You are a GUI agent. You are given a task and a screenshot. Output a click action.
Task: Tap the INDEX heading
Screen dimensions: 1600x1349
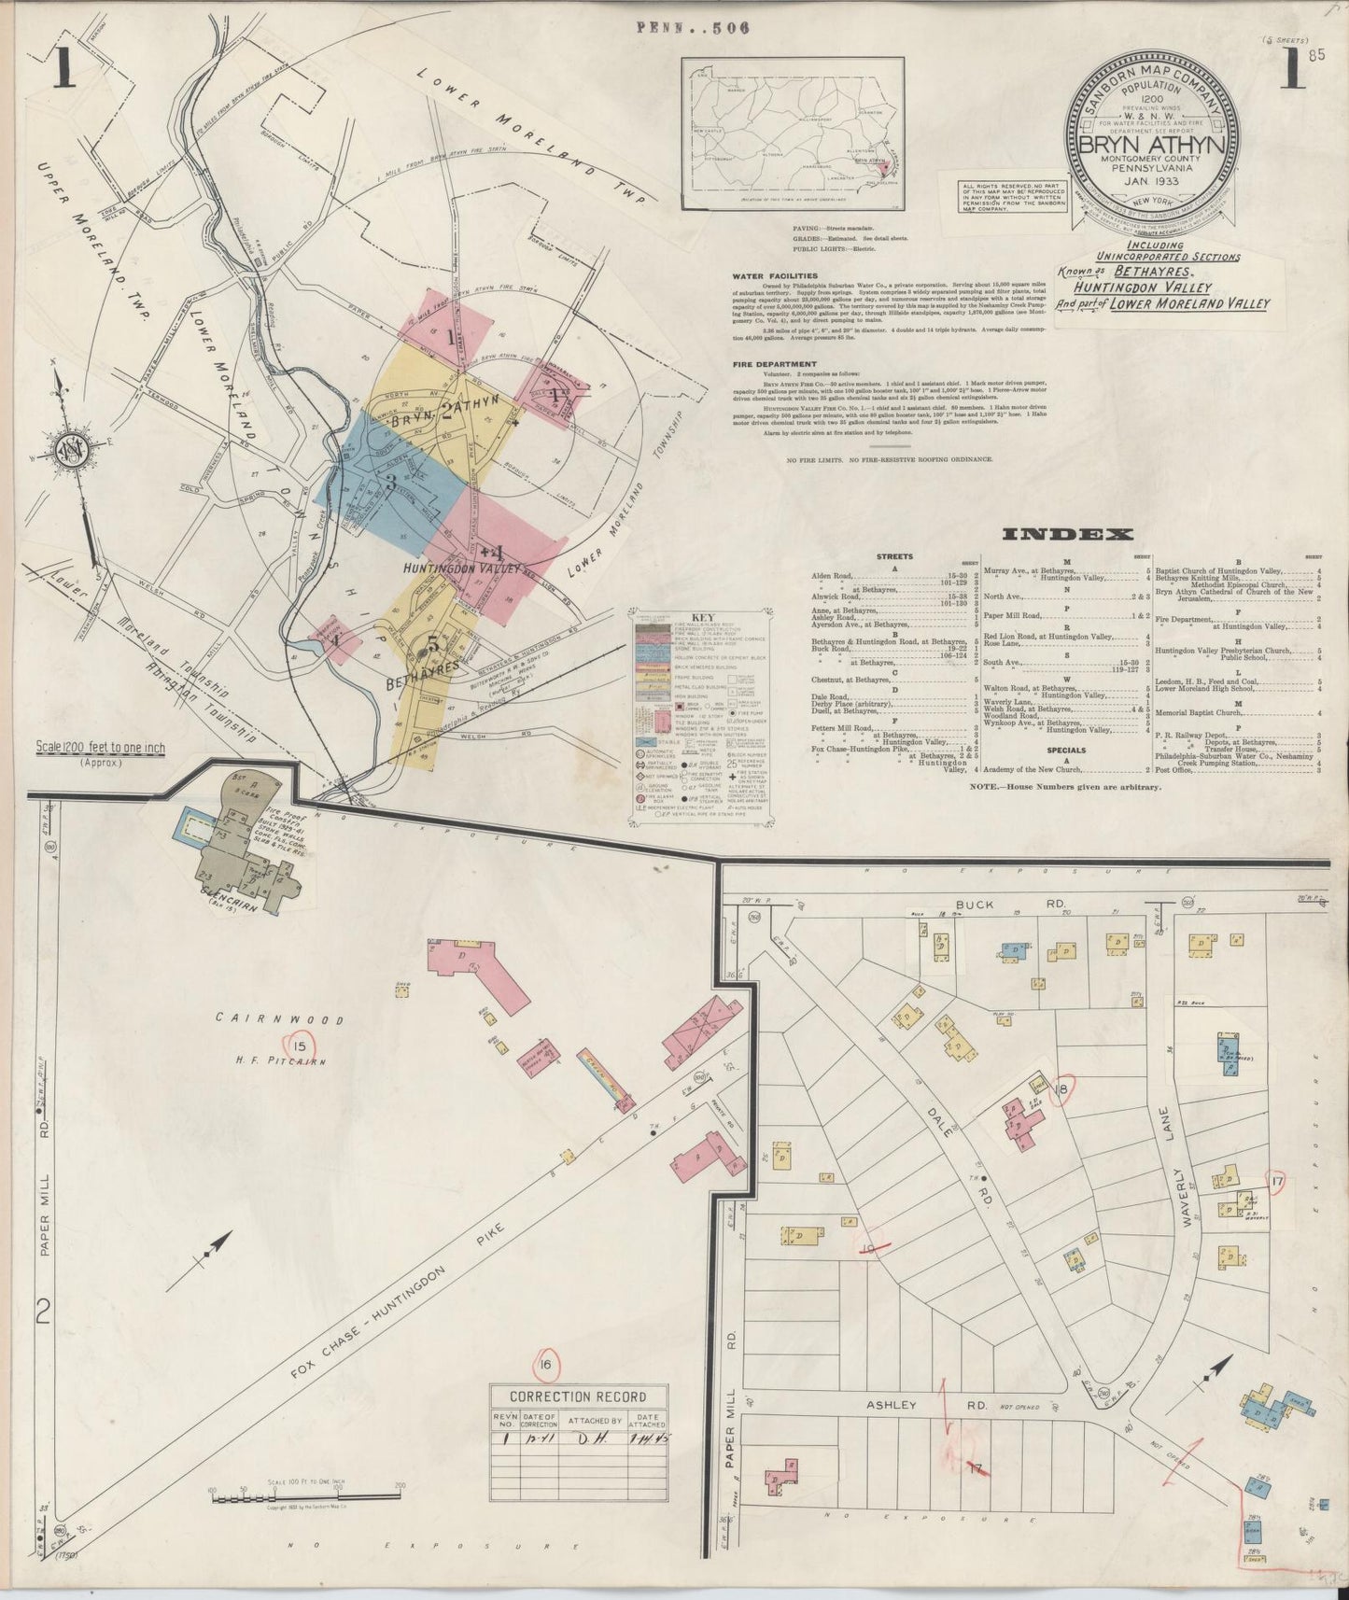pos(1067,534)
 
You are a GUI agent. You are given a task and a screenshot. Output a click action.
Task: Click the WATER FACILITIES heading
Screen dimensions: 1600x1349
pos(775,276)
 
